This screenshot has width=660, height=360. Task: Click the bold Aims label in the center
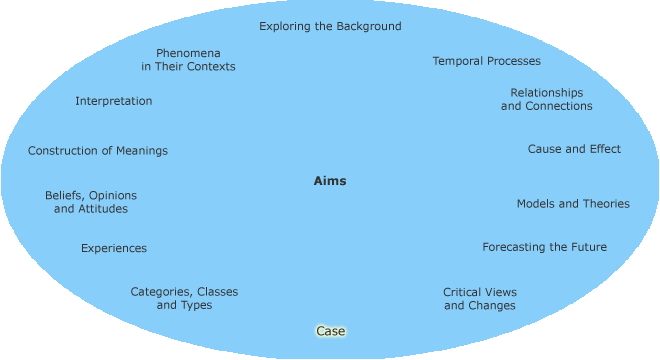pyautogui.click(x=330, y=181)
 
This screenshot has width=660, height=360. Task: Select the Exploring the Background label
pyautogui.click(x=330, y=26)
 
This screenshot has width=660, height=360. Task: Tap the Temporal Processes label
pyautogui.click(x=486, y=61)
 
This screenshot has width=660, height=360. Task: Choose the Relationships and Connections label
pyautogui.click(x=546, y=99)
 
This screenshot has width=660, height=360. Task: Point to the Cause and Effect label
pyautogui.click(x=574, y=149)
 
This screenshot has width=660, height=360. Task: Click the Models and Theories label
pyautogui.click(x=573, y=203)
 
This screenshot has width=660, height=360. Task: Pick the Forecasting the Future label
pyautogui.click(x=544, y=247)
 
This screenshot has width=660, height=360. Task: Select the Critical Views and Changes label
pyautogui.click(x=480, y=298)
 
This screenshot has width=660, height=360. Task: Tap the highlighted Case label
pyautogui.click(x=331, y=331)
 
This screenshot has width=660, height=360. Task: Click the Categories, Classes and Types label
pyautogui.click(x=184, y=298)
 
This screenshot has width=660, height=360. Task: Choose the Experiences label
pyautogui.click(x=114, y=248)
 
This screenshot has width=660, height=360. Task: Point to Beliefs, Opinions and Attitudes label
pyautogui.click(x=91, y=202)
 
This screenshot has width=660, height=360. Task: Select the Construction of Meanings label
pyautogui.click(x=98, y=151)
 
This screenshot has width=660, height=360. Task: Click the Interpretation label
pyautogui.click(x=114, y=101)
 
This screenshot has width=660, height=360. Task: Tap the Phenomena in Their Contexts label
pyautogui.click(x=188, y=59)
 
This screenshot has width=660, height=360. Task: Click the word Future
pyautogui.click(x=587, y=247)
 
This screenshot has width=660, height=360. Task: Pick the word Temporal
pyautogui.click(x=458, y=61)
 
